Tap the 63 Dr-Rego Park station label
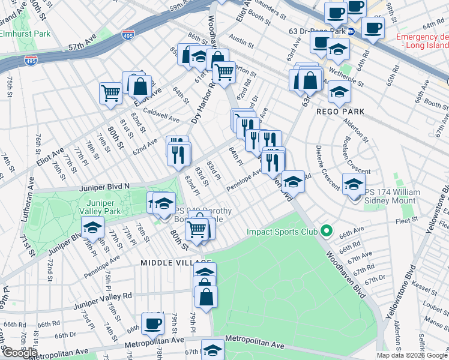(x=317, y=31)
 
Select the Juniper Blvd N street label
(x=104, y=187)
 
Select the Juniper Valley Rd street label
(x=103, y=296)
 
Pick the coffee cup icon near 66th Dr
(x=152, y=323)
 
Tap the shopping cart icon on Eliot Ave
(x=110, y=92)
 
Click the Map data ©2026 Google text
(x=412, y=355)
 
